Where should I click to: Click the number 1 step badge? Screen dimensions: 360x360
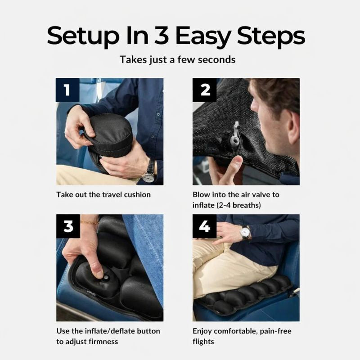67,90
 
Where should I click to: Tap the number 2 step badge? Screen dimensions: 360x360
205,90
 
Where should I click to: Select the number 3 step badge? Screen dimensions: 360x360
67,226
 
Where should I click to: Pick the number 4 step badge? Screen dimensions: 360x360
205,226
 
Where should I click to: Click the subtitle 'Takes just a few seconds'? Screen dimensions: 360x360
177,59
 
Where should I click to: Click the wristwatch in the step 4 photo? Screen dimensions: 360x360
245,232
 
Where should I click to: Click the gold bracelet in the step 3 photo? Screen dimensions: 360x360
90,221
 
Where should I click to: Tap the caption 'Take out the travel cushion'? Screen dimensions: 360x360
103,195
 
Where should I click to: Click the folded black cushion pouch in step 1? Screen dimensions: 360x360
110,135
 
